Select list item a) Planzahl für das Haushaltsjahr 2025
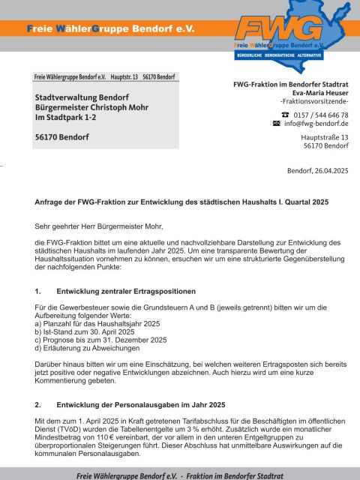[97, 323]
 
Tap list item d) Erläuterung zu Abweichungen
[87, 348]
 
